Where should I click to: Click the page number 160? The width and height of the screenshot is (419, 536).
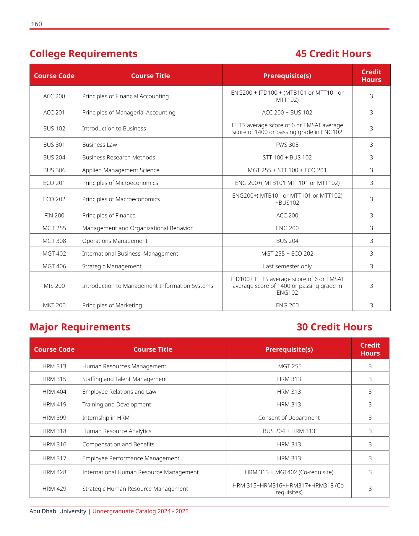tap(36, 24)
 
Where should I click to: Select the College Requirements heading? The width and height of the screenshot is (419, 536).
tap(83, 54)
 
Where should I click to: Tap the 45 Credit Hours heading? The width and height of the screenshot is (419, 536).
tap(333, 54)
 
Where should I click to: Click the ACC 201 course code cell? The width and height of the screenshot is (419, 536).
tap(54, 112)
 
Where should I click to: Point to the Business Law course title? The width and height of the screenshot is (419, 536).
tap(100, 145)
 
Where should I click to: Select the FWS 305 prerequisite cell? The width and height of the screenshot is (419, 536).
tap(287, 145)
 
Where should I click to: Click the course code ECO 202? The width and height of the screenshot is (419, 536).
tap(54, 199)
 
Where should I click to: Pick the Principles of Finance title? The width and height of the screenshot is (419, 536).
tap(109, 215)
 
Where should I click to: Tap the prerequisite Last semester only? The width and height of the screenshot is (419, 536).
tap(287, 266)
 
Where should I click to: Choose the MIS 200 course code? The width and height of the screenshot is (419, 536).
tap(54, 286)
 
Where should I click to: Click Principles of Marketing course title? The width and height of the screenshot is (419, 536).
tap(112, 305)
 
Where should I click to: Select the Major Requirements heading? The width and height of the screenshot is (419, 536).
tap(80, 327)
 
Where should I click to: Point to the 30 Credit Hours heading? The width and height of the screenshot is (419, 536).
tap(334, 327)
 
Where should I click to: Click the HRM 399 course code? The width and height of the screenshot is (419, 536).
tap(54, 418)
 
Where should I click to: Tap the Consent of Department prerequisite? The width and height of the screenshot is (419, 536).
tap(289, 418)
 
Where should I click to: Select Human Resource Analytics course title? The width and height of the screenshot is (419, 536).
tap(117, 431)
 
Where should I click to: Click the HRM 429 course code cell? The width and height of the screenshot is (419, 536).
tap(54, 489)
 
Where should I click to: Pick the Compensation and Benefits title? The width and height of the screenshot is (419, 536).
tap(118, 444)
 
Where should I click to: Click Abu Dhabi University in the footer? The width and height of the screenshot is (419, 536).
tap(58, 511)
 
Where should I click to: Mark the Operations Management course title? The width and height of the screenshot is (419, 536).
tap(115, 241)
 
